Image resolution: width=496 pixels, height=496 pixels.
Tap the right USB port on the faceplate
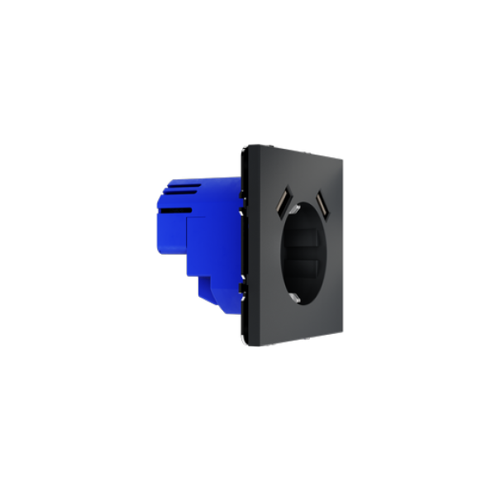[x=318, y=201]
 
